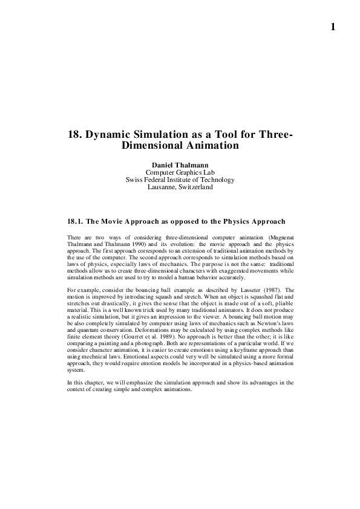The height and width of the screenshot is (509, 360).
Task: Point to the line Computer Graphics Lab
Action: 180,172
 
